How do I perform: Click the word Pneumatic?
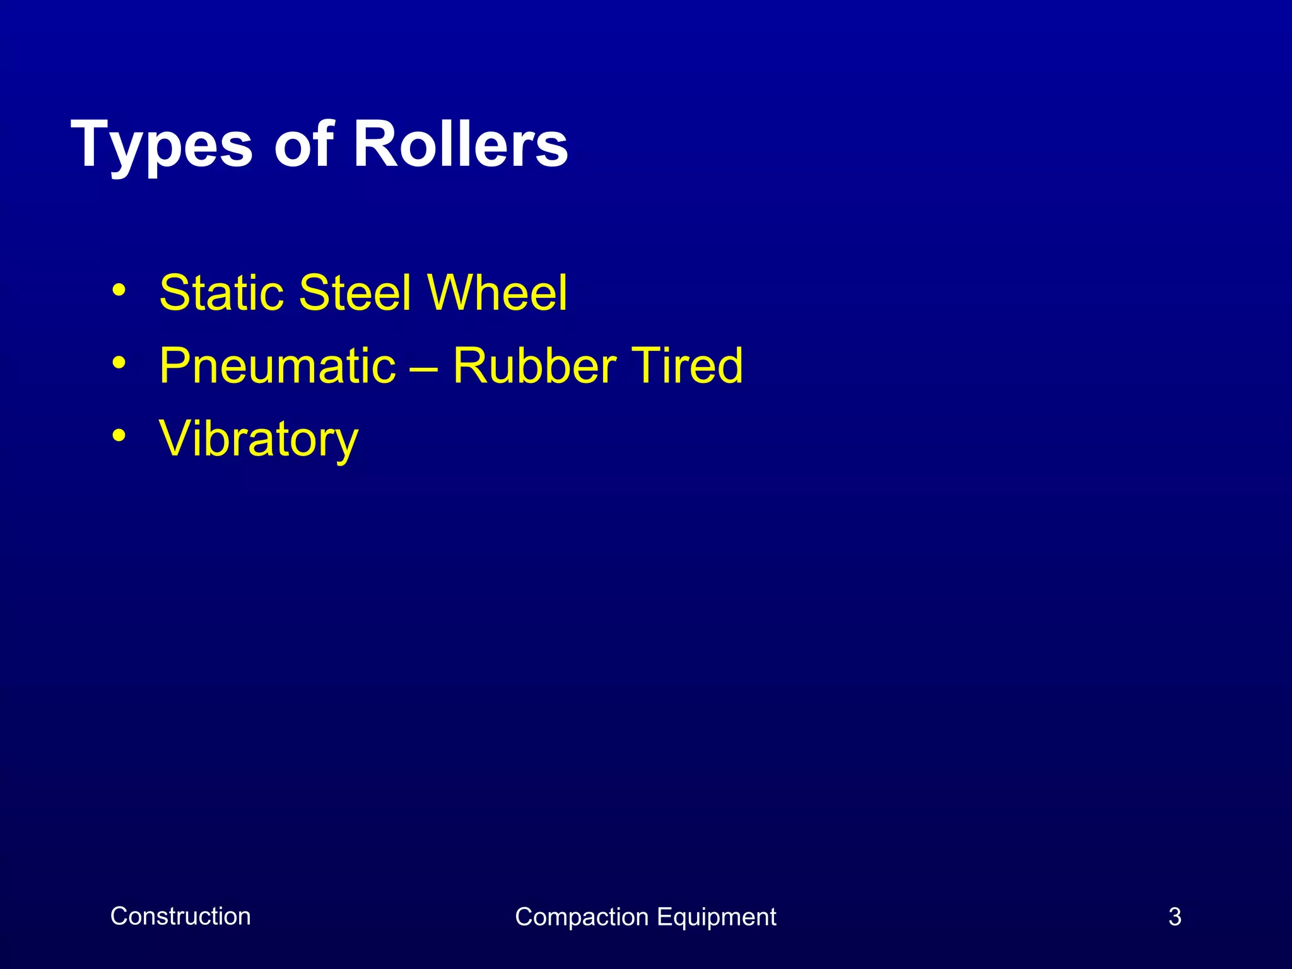pos(277,366)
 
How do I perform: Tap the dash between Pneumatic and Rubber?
pos(424,367)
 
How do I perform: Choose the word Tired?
pos(687,366)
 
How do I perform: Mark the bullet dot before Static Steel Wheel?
pos(119,291)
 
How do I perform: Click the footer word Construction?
pos(180,916)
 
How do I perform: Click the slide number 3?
pos(1174,917)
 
